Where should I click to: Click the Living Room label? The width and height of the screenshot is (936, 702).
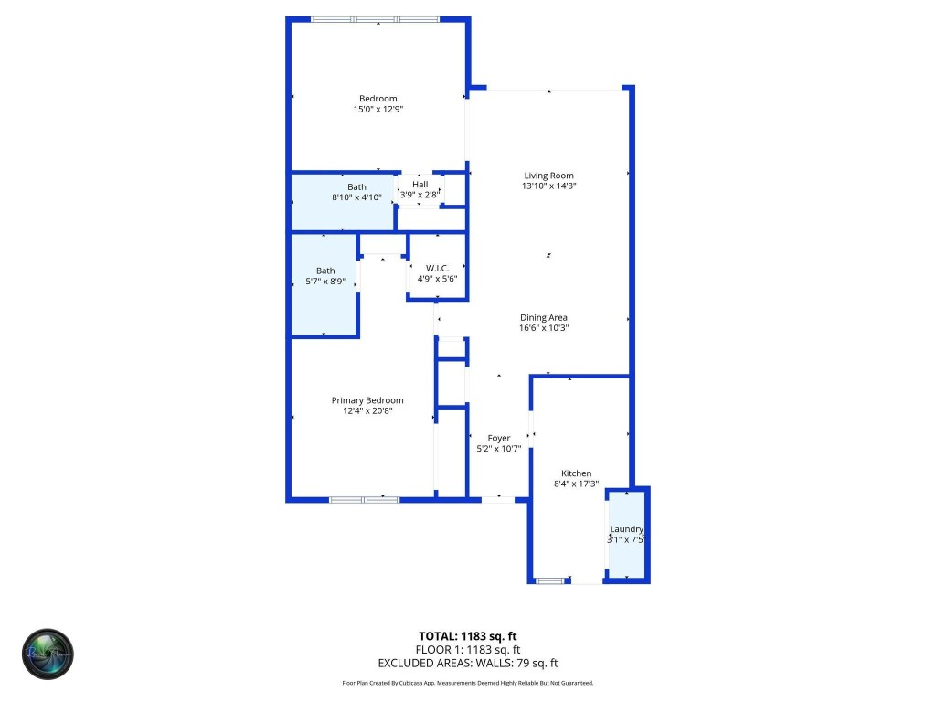tap(548, 175)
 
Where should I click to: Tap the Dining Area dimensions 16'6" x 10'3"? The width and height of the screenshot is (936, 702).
tap(544, 328)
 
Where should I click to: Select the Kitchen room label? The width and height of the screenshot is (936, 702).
tap(576, 473)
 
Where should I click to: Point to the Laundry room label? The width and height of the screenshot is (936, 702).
tap(627, 529)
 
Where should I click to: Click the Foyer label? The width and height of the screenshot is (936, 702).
tap(498, 439)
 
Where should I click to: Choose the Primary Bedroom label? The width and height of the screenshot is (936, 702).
tap(367, 400)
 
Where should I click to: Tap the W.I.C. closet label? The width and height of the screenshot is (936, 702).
tap(436, 269)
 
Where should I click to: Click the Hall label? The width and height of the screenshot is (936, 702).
tap(420, 185)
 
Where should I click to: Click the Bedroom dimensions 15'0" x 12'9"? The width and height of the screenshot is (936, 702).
tap(378, 109)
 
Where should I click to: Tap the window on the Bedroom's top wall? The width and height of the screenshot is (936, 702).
tap(374, 19)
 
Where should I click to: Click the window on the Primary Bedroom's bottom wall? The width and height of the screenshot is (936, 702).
tap(364, 499)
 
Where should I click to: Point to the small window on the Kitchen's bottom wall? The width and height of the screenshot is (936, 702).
tap(549, 580)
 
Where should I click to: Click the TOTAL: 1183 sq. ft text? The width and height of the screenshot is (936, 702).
tap(468, 636)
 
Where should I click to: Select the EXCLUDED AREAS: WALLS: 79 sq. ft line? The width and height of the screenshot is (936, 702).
tap(468, 664)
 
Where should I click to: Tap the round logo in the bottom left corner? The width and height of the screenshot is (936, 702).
tap(48, 654)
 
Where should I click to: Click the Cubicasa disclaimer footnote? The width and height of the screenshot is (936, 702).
tap(468, 683)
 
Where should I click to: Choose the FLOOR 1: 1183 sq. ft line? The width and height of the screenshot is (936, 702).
tap(468, 650)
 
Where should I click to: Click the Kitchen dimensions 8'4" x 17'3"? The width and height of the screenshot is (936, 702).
tap(576, 484)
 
